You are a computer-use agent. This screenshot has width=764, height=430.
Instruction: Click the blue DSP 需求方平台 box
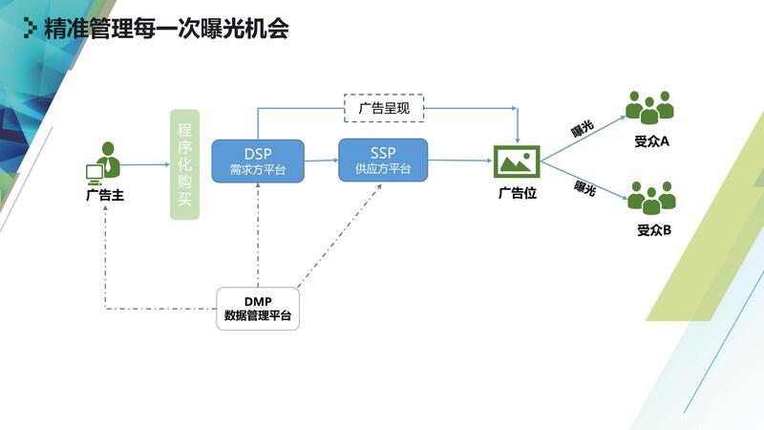[x=257, y=161]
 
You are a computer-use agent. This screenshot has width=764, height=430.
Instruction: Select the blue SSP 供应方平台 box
[x=383, y=160]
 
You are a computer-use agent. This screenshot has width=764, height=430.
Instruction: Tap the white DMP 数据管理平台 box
[x=258, y=308]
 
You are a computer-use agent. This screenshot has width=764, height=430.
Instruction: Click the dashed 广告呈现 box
[x=383, y=108]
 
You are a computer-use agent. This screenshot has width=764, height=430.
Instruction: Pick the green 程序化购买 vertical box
[x=184, y=164]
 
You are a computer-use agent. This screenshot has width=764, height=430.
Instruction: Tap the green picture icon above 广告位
[x=517, y=161]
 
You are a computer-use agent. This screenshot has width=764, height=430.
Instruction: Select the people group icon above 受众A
[x=648, y=107]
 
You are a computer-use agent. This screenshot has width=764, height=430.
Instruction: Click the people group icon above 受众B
[x=653, y=196]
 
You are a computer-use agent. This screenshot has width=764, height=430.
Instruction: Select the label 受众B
[x=654, y=229]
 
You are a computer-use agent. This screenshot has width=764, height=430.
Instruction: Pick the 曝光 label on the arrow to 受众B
[x=584, y=188]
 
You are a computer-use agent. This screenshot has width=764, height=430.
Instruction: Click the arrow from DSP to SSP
[x=321, y=161]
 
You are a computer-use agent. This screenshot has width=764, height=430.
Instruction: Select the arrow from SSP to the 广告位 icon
[x=460, y=161]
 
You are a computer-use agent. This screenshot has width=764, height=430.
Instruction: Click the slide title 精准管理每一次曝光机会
[x=166, y=29]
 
